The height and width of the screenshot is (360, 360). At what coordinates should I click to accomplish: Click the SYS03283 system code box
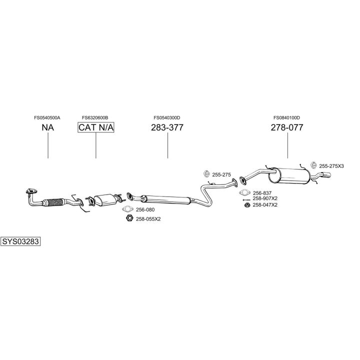coord(20,242)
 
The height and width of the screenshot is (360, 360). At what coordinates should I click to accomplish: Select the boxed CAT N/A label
coord(96,127)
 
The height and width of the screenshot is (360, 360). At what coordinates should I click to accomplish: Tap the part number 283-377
coord(167,127)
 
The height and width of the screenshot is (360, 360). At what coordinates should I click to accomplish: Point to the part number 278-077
coord(287,127)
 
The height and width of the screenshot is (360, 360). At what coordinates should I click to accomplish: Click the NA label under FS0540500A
coord(47,127)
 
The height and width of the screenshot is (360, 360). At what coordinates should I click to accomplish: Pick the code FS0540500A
coord(47,117)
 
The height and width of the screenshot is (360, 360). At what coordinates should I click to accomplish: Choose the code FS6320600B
coord(95,117)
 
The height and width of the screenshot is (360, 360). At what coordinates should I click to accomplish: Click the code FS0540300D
coord(167,117)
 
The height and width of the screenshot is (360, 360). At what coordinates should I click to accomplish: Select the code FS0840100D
coord(286,117)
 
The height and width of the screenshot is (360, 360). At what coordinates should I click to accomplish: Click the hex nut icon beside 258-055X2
coord(128,218)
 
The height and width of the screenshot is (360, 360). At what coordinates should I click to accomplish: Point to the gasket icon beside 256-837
coord(245,193)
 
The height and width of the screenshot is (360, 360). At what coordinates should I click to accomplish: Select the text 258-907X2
coord(265,198)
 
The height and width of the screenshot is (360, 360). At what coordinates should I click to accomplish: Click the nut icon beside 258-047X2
coord(246,204)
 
